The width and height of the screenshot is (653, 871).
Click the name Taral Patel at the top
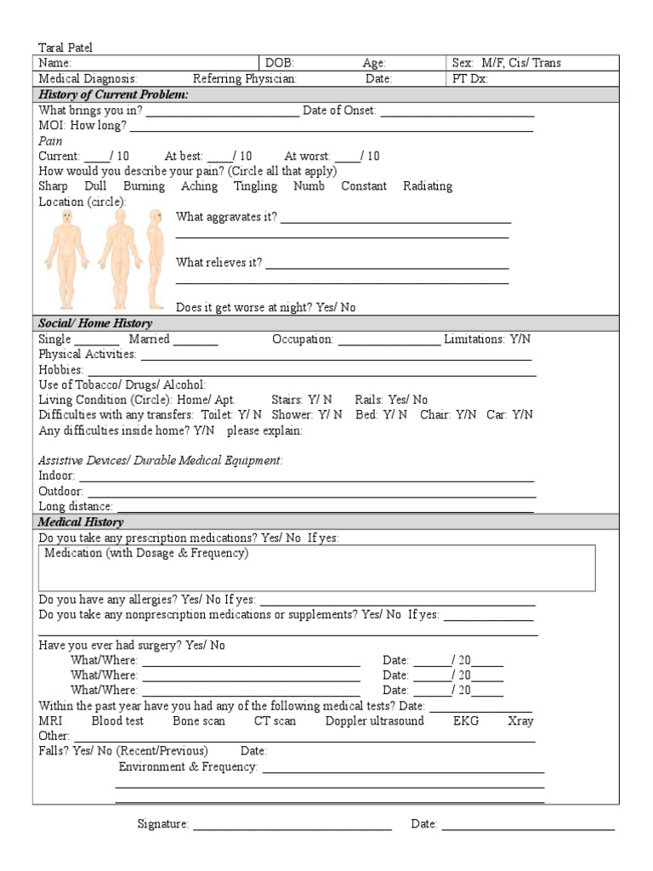(65, 48)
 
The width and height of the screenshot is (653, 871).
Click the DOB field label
(280, 63)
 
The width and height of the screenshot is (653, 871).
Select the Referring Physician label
(245, 78)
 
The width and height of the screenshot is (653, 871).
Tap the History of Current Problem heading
(113, 94)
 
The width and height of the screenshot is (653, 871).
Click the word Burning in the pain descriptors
(144, 186)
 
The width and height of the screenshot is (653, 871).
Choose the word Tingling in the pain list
(255, 186)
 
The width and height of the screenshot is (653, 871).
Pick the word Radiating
(428, 186)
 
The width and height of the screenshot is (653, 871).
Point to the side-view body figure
(155, 259)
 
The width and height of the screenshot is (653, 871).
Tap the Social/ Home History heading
(95, 323)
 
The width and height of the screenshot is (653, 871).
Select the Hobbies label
(61, 370)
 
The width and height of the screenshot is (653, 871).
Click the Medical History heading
(81, 522)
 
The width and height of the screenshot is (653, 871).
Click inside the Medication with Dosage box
(317, 568)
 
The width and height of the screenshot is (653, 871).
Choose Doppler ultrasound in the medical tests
(374, 721)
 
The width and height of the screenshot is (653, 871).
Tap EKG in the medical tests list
(466, 721)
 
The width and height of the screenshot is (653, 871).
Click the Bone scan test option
(199, 721)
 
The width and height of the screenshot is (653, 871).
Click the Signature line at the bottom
(292, 826)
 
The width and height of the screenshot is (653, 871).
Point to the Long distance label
(76, 506)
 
